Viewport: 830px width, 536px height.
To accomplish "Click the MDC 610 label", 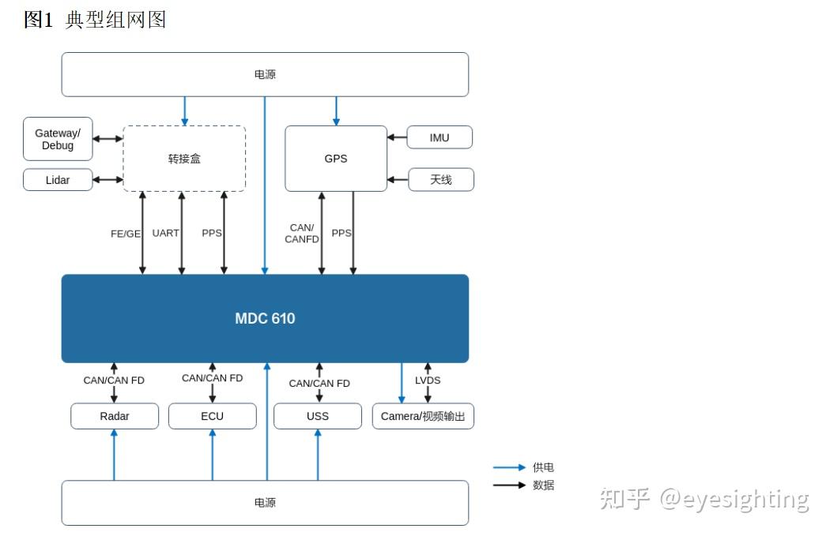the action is coord(265,318).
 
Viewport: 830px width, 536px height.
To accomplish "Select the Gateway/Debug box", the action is coord(58,139).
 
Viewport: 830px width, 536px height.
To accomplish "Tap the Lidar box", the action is coord(58,180).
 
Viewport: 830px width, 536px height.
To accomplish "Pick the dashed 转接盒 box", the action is coord(184,159).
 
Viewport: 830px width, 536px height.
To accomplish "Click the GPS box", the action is coord(336,159).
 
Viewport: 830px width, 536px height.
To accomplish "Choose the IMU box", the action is coord(440,137).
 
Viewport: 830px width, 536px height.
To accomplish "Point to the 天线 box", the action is coord(440,180).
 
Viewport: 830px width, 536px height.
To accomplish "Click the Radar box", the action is coord(115,416).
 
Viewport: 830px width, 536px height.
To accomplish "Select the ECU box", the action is coord(213,416).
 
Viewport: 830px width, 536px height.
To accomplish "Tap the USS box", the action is coord(318,416).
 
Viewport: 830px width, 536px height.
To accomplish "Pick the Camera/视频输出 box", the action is coord(423,416).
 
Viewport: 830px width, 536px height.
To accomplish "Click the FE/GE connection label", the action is coord(126,234).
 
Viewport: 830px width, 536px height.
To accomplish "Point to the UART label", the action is coord(166,233).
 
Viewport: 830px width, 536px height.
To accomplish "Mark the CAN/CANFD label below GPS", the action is coord(302,233).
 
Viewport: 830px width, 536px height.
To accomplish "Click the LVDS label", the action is coord(428,380).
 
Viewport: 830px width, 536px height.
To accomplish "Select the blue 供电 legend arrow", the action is coord(509,467).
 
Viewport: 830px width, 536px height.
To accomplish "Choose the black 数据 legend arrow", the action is coord(509,485).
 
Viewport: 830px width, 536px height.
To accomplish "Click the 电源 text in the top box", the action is coord(265,74).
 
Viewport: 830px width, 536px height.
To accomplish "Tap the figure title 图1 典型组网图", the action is coord(96,20).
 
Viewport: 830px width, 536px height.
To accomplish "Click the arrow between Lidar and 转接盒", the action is coord(108,180).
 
